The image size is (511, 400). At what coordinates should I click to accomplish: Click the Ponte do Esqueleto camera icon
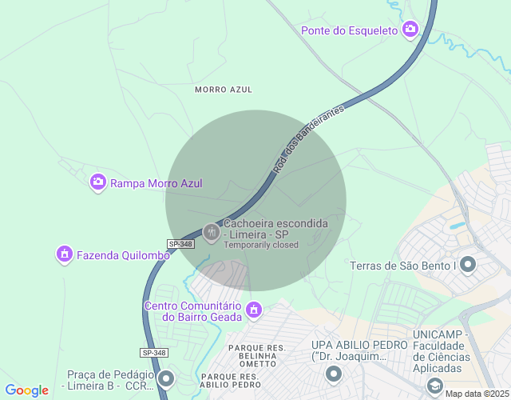click(x=410, y=30)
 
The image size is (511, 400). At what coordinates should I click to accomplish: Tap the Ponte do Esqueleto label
click(x=349, y=30)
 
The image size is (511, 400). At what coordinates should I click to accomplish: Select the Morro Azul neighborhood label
click(x=224, y=90)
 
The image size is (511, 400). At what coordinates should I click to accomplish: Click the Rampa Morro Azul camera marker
click(x=98, y=182)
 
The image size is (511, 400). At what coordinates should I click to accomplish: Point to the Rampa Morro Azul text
click(x=156, y=183)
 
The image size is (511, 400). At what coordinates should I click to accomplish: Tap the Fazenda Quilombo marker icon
click(x=64, y=254)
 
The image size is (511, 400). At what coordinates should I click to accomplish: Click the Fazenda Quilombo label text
click(x=123, y=255)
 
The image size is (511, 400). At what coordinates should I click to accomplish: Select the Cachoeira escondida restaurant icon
click(x=212, y=233)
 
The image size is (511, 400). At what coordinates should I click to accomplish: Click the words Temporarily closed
click(x=261, y=245)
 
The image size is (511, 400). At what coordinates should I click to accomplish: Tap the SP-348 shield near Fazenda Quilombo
click(x=180, y=243)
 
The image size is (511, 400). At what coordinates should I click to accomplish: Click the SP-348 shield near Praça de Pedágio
click(x=154, y=353)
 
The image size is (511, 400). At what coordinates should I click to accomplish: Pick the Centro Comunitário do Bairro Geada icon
click(x=254, y=309)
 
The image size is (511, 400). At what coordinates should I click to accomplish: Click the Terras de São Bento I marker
click(x=468, y=264)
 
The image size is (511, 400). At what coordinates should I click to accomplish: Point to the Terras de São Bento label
click(x=402, y=266)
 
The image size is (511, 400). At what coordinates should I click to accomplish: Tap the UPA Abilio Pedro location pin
click(x=334, y=374)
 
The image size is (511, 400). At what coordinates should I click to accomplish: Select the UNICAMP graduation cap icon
click(x=434, y=385)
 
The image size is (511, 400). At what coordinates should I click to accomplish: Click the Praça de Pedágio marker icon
click(x=166, y=378)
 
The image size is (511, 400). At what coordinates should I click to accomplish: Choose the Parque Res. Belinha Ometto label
click(x=257, y=355)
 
